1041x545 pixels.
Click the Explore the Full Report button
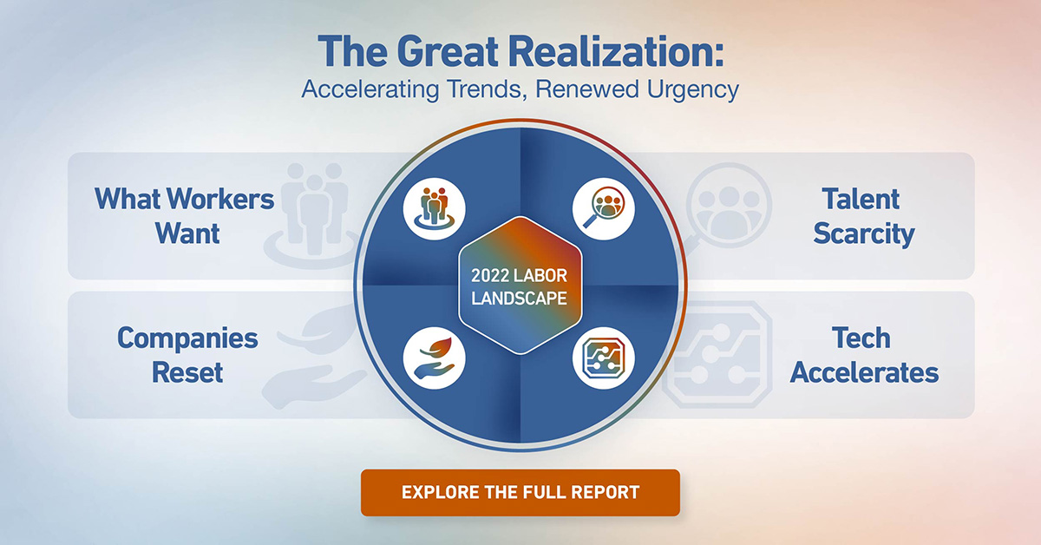[x=520, y=492]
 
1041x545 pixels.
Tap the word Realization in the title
[x=615, y=51]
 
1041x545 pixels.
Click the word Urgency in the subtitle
[x=692, y=89]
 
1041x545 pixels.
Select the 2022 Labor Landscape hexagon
[x=520, y=286]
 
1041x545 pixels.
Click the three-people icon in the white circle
[x=434, y=209]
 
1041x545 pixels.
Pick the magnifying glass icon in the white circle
[x=603, y=209]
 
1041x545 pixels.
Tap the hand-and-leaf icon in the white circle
[x=434, y=358]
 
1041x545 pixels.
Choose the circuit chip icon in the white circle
[x=603, y=358]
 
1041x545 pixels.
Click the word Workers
[x=220, y=199]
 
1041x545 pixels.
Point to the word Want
[x=187, y=233]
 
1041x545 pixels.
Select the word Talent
[x=861, y=199]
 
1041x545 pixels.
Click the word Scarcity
[x=864, y=234]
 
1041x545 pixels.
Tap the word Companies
[x=187, y=339]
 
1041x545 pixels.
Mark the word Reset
[x=187, y=372]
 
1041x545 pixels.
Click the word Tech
[x=861, y=338]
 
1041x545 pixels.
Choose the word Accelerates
[x=864, y=372]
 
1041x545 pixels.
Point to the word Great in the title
[x=448, y=51]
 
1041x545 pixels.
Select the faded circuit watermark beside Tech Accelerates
[x=718, y=354]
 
